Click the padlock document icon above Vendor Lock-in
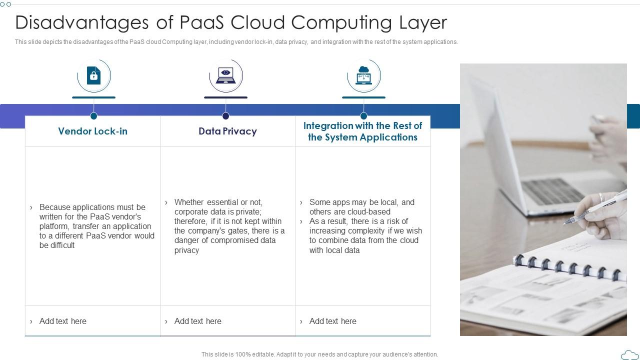coord(93,75)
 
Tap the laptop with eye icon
coord(225,75)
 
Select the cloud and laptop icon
coord(363,75)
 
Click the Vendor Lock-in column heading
coord(93,131)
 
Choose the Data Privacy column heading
coord(227,131)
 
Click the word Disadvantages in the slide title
coord(82,22)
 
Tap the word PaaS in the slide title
coord(201,22)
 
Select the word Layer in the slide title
coord(423,22)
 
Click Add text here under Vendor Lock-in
coord(63,321)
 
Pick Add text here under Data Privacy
coord(197,321)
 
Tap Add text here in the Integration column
coord(333,321)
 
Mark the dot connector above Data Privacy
coord(225,116)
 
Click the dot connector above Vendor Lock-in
coord(93,116)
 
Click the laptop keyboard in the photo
coord(553,191)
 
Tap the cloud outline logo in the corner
coord(629,354)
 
